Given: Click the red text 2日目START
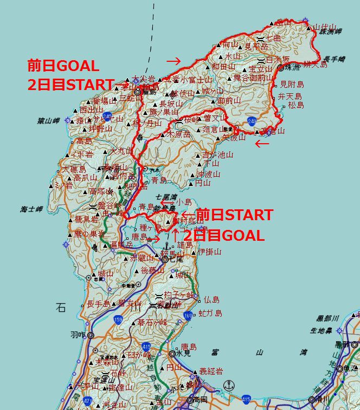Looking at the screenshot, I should coord(70,85).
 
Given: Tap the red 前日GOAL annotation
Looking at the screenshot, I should coord(63,66).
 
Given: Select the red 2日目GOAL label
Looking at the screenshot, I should coord(223,235).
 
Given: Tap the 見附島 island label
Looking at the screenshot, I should coord(292,85).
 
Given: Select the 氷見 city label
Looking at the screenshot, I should coord(182,353).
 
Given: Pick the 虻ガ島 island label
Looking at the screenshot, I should coord(210,313).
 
